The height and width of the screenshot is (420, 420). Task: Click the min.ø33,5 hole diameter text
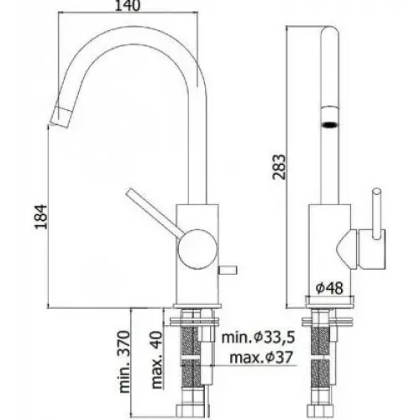pyautogui.click(x=259, y=338)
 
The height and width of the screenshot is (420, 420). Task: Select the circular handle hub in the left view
pyautogui.click(x=196, y=247)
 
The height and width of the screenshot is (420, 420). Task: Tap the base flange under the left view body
pyautogui.click(x=197, y=305)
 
